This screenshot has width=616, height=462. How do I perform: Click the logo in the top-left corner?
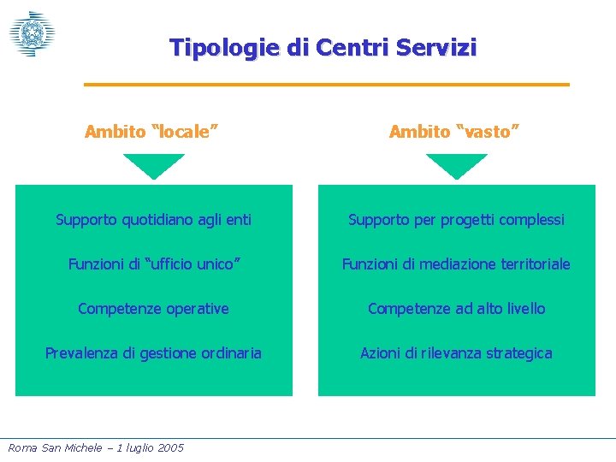pyautogui.click(x=32, y=33)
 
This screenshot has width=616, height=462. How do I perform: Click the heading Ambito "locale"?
pyautogui.click(x=151, y=132)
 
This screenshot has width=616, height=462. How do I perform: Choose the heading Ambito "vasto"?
pyautogui.click(x=454, y=132)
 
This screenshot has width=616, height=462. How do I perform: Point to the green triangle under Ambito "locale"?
pyautogui.click(x=154, y=164)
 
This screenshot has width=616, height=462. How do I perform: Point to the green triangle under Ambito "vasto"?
pyautogui.click(x=457, y=164)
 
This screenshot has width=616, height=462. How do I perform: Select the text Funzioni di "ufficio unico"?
pyautogui.click(x=154, y=264)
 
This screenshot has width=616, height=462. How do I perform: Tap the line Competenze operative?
pyautogui.click(x=153, y=309)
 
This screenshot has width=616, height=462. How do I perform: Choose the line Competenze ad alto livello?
pyautogui.click(x=456, y=309)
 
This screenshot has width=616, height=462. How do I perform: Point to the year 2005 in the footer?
pyautogui.click(x=169, y=447)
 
